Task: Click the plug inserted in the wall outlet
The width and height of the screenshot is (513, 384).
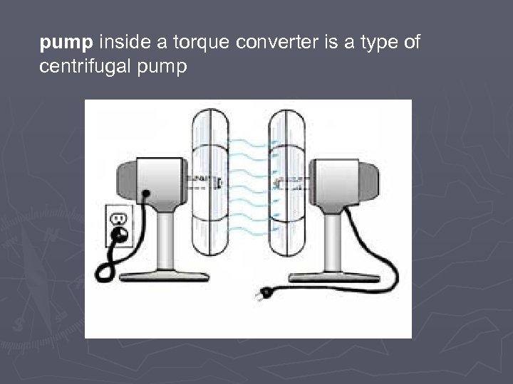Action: pyautogui.click(x=119, y=233)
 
